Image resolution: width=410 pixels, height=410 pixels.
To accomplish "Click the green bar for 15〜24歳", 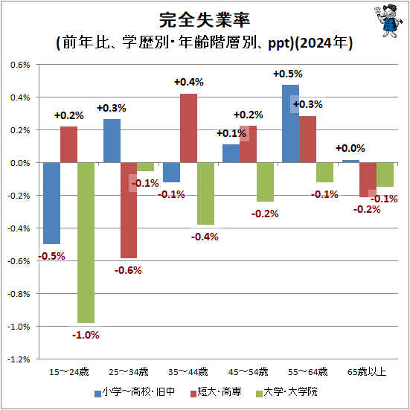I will pyautogui.click(x=86, y=243).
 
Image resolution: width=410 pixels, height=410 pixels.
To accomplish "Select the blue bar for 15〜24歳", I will pyautogui.click(x=51, y=203).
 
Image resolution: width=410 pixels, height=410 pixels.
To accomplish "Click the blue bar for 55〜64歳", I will pyautogui.click(x=290, y=124).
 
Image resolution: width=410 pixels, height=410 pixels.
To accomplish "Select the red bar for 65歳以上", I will pyautogui.click(x=368, y=179).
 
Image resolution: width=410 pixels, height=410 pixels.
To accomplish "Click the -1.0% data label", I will pyautogui.click(x=86, y=336).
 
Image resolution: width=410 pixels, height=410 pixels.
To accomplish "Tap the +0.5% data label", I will pyautogui.click(x=287, y=74).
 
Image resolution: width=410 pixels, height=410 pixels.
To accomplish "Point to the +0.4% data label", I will pyautogui.click(x=188, y=82).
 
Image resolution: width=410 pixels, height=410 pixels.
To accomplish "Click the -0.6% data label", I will pyautogui.click(x=128, y=269).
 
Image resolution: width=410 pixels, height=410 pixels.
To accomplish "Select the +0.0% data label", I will pyautogui.click(x=350, y=149).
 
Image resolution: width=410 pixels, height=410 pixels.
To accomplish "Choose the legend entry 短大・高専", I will pyautogui.click(x=220, y=392).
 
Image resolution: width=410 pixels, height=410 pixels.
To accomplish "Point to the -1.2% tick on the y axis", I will pyautogui.click(x=18, y=359).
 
